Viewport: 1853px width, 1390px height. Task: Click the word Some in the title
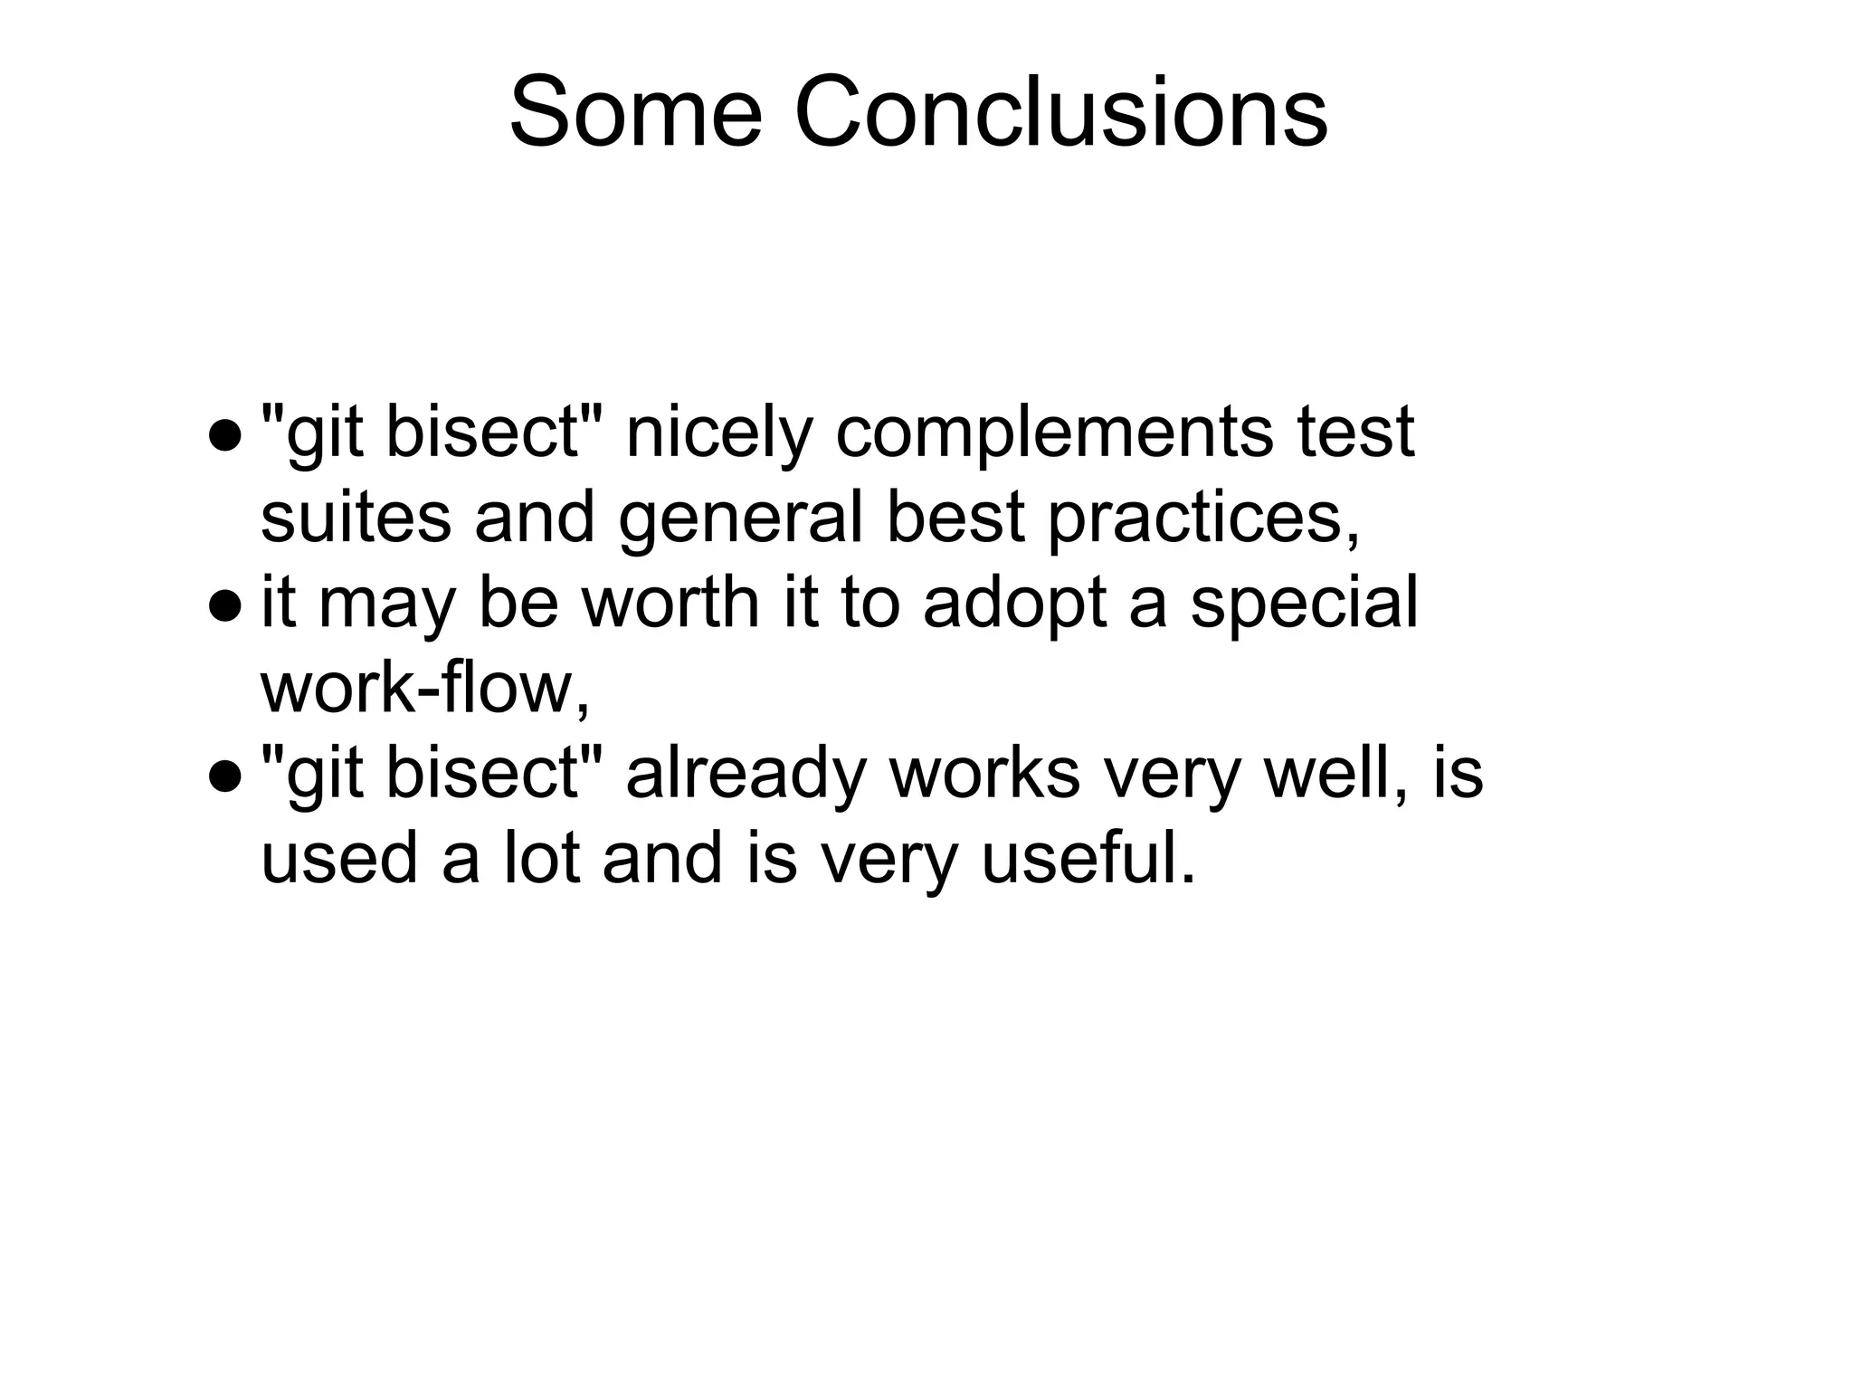click(635, 114)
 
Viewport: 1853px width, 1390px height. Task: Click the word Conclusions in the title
click(1060, 114)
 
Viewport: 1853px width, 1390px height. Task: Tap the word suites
click(356, 518)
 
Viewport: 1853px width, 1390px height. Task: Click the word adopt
click(1014, 605)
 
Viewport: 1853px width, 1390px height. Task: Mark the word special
click(1303, 605)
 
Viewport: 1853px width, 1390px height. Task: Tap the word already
click(746, 775)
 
